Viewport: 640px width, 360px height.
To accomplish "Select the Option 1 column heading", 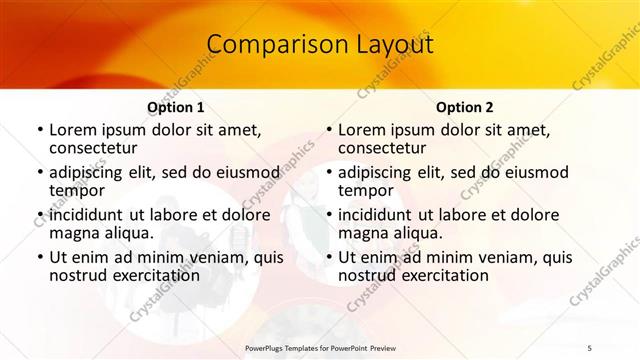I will click(x=175, y=107).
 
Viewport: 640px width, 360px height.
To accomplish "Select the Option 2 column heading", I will click(x=465, y=107).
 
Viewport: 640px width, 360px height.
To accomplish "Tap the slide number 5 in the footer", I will click(x=589, y=347).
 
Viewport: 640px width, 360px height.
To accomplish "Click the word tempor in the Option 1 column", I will click(x=78, y=191).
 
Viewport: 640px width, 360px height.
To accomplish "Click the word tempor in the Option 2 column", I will click(x=367, y=191).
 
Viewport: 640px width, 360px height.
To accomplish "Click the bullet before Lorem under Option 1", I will click(x=39, y=130).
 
